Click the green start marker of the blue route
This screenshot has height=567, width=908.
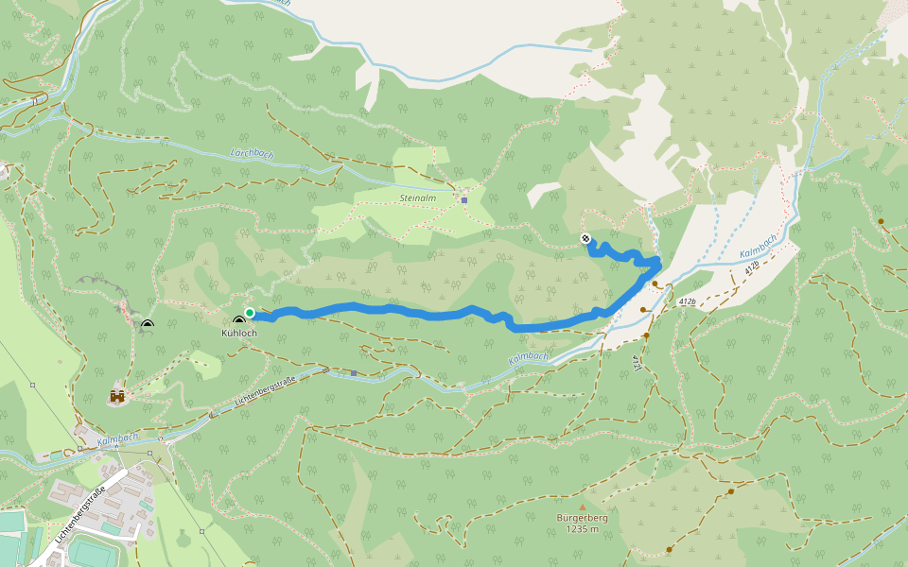(250, 313)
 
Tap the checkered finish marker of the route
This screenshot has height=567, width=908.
(586, 238)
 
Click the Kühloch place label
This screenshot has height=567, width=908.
(238, 334)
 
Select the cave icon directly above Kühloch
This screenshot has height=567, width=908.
(238, 320)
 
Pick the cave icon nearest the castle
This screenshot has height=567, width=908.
(147, 325)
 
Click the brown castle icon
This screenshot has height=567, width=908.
(118, 397)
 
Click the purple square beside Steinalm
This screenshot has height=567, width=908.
(463, 199)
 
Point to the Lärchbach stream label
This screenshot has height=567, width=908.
(251, 153)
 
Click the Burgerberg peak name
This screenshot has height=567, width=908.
(584, 519)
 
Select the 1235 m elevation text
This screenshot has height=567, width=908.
(584, 530)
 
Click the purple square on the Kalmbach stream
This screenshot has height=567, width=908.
(354, 372)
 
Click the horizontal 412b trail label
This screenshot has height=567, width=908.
(687, 301)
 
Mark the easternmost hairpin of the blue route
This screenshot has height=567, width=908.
(656, 266)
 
